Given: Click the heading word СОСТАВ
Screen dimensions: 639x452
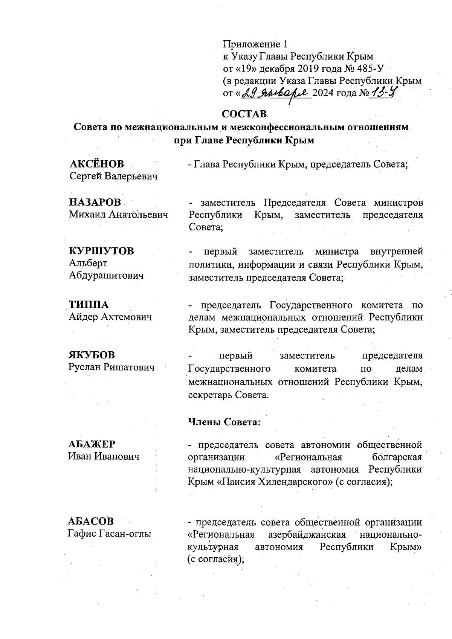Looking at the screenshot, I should click(244, 113).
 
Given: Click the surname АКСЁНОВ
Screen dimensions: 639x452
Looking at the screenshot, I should click(97, 164).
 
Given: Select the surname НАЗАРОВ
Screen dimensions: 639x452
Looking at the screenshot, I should click(95, 202).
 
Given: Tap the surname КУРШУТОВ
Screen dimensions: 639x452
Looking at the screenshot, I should click(101, 251).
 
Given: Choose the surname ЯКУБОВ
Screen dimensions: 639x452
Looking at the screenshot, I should click(92, 355).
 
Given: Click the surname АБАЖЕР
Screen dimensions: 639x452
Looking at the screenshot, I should click(92, 444).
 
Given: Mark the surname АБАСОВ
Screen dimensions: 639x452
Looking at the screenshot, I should click(91, 522).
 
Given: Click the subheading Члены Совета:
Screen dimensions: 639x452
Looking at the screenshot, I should click(224, 422).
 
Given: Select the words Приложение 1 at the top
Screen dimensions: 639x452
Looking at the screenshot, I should click(255, 44).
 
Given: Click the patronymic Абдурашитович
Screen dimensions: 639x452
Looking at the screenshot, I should click(106, 276).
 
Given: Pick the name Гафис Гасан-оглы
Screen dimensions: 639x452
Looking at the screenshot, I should click(109, 534).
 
